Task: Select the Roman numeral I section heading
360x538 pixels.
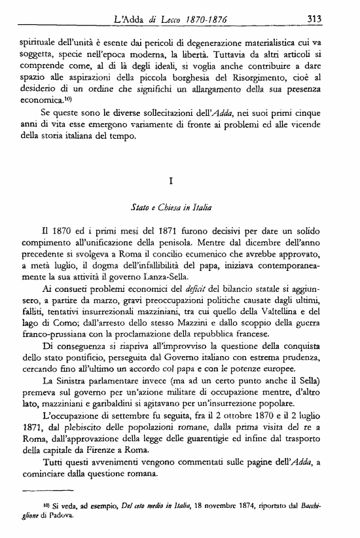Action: pyautogui.click(x=179, y=181)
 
